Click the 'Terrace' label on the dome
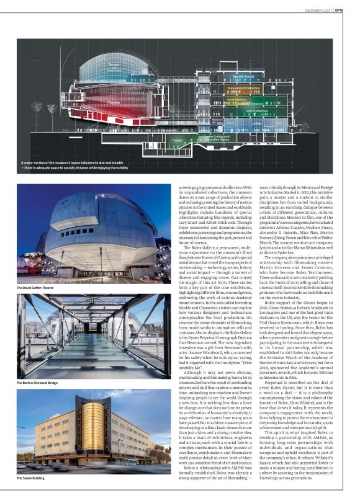coord(114,65)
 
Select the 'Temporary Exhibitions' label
coord(243,88)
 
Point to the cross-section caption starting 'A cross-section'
coord(93,164)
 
